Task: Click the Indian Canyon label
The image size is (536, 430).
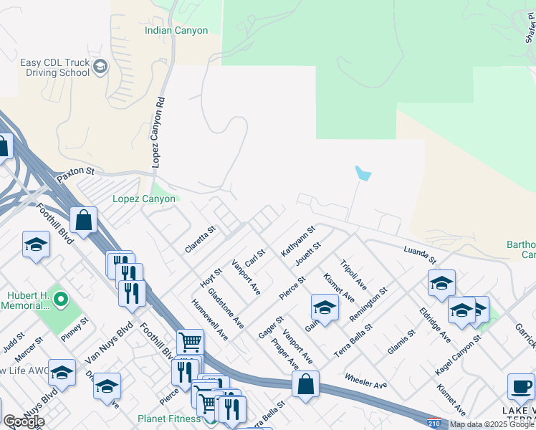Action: (x=176, y=31)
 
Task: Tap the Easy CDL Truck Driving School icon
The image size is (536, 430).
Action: (x=100, y=67)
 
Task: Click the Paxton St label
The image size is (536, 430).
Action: (x=75, y=172)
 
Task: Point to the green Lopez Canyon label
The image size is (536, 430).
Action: (x=144, y=199)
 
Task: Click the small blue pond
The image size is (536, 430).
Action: (x=363, y=173)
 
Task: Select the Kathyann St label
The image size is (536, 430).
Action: (x=298, y=242)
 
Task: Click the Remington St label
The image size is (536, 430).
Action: (x=368, y=304)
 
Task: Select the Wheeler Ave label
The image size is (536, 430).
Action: (x=365, y=380)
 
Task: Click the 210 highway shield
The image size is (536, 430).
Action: (x=433, y=424)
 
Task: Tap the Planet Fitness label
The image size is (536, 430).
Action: (x=169, y=419)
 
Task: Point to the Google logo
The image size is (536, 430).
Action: (x=24, y=421)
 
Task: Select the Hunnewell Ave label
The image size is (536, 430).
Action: (x=210, y=320)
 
